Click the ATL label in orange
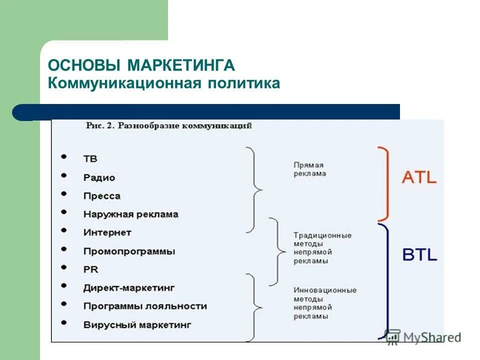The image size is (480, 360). point(419,177)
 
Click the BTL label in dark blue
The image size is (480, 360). point(419,255)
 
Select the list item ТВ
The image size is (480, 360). point(90,159)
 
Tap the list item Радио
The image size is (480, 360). point(99,177)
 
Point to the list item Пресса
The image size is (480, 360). point(102,196)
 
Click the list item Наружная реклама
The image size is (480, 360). point(130,214)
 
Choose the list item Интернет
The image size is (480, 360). point(107,232)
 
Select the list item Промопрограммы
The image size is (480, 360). point(129,251)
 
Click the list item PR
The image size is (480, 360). point(90,269)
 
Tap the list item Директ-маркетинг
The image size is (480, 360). point(129,288)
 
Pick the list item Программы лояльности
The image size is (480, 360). point(144,306)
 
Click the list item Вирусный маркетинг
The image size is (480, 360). point(137,324)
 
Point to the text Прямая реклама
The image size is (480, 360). point(309,169)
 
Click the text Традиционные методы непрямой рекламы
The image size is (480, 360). point(322,248)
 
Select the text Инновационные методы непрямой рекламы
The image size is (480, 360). point(324,303)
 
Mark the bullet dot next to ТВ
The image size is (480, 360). point(64,156)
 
